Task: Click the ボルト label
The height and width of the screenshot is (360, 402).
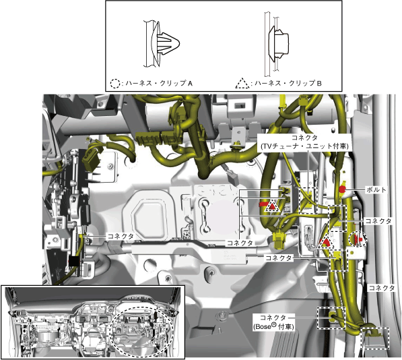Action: point(376,190)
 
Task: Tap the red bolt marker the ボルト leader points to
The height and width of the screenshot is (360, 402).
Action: point(342,189)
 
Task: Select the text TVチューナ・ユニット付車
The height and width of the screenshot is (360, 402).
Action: point(305,146)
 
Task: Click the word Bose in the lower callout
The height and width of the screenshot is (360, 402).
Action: point(262,327)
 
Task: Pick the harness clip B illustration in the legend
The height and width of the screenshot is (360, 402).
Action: point(277,44)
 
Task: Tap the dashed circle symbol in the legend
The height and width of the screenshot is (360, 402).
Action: point(115,84)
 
